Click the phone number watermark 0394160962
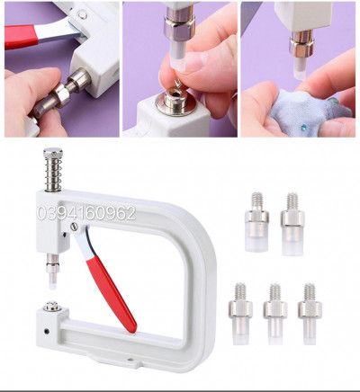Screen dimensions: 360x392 [x=86, y=213]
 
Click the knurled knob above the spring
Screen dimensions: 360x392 [x=53, y=153]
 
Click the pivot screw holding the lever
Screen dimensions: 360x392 [x=74, y=227]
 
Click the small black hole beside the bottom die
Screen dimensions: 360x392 [x=47, y=331]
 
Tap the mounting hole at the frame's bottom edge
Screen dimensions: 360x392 [x=130, y=359]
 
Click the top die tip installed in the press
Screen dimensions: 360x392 [x=52, y=283]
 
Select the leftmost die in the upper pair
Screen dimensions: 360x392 [x=256, y=222]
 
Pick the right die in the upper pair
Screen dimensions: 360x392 [x=292, y=224]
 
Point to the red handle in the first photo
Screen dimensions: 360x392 [x=21, y=36]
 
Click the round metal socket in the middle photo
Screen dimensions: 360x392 [x=175, y=102]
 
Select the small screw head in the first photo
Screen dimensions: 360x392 [x=81, y=13]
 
